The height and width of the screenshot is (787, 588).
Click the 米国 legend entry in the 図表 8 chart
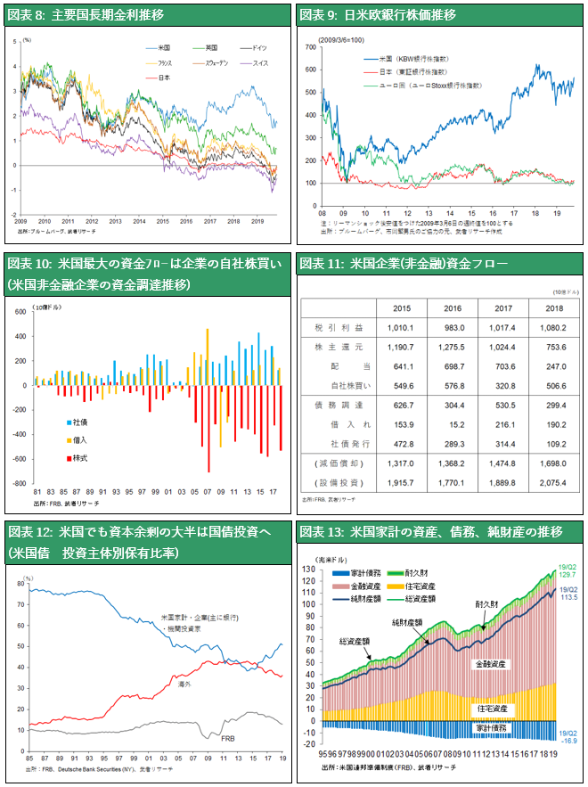click(164, 46)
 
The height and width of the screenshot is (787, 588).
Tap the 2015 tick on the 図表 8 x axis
click(162, 220)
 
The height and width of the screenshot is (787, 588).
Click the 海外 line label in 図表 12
click(184, 684)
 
